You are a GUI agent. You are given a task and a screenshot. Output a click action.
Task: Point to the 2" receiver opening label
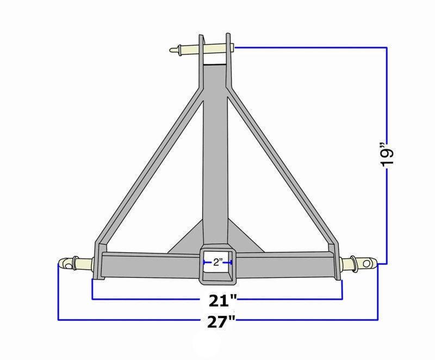coord(217,263)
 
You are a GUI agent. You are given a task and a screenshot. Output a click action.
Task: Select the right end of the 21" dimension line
coord(342,299)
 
